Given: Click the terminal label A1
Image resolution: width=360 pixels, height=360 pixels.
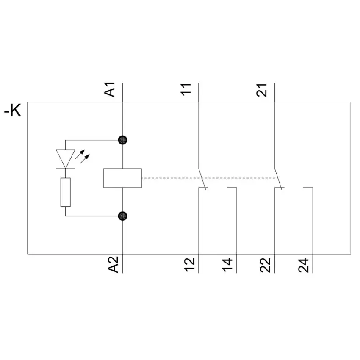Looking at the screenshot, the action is pyautogui.click(x=110, y=89).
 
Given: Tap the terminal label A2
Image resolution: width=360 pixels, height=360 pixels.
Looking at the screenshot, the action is pyautogui.click(x=113, y=264).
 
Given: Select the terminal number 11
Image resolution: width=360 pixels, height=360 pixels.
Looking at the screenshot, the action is pyautogui.click(x=186, y=89).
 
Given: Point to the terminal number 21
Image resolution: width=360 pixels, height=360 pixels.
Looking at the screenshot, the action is pyautogui.click(x=262, y=90).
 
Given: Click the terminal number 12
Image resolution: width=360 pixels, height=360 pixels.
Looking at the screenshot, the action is pyautogui.click(x=189, y=265).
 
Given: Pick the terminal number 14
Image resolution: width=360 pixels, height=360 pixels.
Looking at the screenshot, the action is pyautogui.click(x=227, y=265).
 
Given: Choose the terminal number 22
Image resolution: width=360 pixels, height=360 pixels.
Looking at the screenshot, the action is pyautogui.click(x=265, y=265).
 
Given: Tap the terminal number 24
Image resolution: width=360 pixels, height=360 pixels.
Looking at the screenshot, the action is pyautogui.click(x=303, y=265).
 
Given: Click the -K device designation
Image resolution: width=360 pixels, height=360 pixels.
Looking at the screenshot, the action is pyautogui.click(x=13, y=111).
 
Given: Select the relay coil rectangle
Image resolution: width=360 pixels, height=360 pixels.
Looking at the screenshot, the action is pyautogui.click(x=122, y=178).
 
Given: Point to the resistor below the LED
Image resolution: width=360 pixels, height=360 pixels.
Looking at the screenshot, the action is pyautogui.click(x=65, y=192).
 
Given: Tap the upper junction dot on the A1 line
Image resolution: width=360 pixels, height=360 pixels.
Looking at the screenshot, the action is pyautogui.click(x=122, y=140).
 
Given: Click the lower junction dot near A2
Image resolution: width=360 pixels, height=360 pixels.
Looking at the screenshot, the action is pyautogui.click(x=122, y=216).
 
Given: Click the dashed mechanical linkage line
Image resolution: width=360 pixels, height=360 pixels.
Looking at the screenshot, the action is pyautogui.click(x=210, y=178).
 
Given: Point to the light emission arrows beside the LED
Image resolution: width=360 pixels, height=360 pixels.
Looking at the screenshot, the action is pyautogui.click(x=82, y=156).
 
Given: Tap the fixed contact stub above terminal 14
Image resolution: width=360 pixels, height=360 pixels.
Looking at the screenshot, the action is pyautogui.click(x=232, y=188).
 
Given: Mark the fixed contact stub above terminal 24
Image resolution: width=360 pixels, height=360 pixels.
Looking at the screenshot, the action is pyautogui.click(x=308, y=188).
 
